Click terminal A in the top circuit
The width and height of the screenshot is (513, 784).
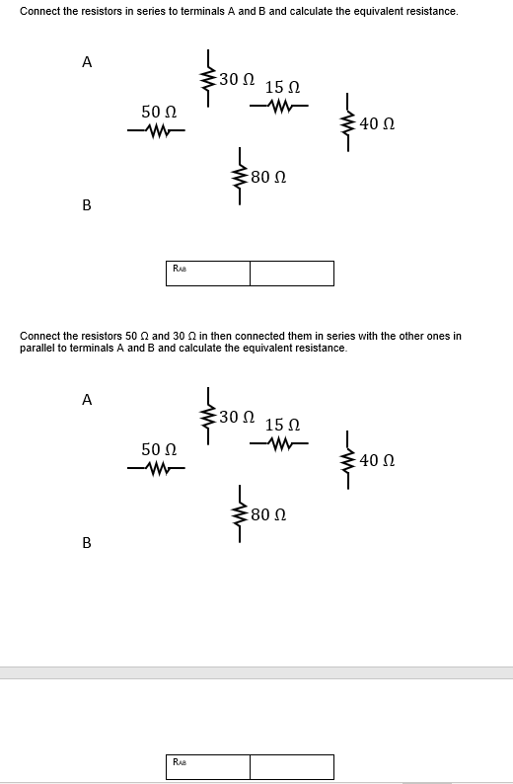pyautogui.click(x=87, y=62)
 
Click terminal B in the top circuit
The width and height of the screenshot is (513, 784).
pyautogui.click(x=87, y=205)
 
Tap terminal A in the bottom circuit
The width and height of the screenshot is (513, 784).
pyautogui.click(x=87, y=400)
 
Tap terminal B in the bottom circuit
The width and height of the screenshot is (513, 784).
pyautogui.click(x=87, y=543)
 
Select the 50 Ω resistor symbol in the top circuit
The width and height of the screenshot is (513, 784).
pyautogui.click(x=159, y=130)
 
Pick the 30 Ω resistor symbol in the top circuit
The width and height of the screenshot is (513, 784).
pyautogui.click(x=208, y=76)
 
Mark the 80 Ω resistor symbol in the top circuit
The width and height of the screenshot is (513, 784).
pyautogui.click(x=238, y=177)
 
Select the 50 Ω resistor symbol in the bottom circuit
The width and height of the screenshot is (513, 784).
pyautogui.click(x=159, y=468)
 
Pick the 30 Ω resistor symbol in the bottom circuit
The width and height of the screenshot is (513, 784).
pyautogui.click(x=208, y=414)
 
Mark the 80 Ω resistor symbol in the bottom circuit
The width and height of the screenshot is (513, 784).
pyautogui.click(x=238, y=514)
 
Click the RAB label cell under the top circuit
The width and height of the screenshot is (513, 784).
pyautogui.click(x=207, y=273)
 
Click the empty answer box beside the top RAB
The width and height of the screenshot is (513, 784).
pyautogui.click(x=291, y=273)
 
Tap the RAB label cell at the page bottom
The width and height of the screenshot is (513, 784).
pyautogui.click(x=207, y=766)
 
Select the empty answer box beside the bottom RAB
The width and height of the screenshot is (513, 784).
pyautogui.click(x=291, y=766)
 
